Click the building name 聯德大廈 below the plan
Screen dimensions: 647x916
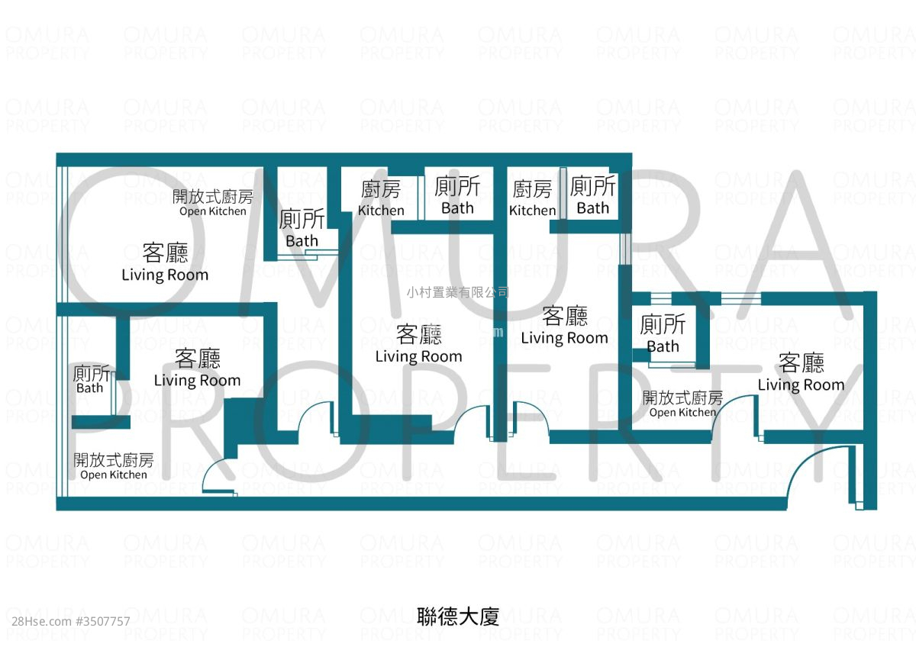click(x=458, y=616)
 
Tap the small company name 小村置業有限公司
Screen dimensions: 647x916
click(x=457, y=291)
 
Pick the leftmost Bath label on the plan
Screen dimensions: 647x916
click(x=89, y=379)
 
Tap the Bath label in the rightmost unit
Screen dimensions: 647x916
click(x=663, y=335)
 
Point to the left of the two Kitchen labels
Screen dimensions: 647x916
click(x=381, y=198)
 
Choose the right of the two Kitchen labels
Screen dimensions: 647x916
click(x=532, y=198)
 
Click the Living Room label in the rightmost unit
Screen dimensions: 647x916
click(x=801, y=373)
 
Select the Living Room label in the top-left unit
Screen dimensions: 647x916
click(x=165, y=263)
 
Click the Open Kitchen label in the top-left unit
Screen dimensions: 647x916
click(x=212, y=203)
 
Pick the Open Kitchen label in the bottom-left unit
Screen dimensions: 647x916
click(x=113, y=467)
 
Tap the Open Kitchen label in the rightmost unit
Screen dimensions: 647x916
click(x=682, y=404)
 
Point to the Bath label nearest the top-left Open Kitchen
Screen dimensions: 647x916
click(x=302, y=229)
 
